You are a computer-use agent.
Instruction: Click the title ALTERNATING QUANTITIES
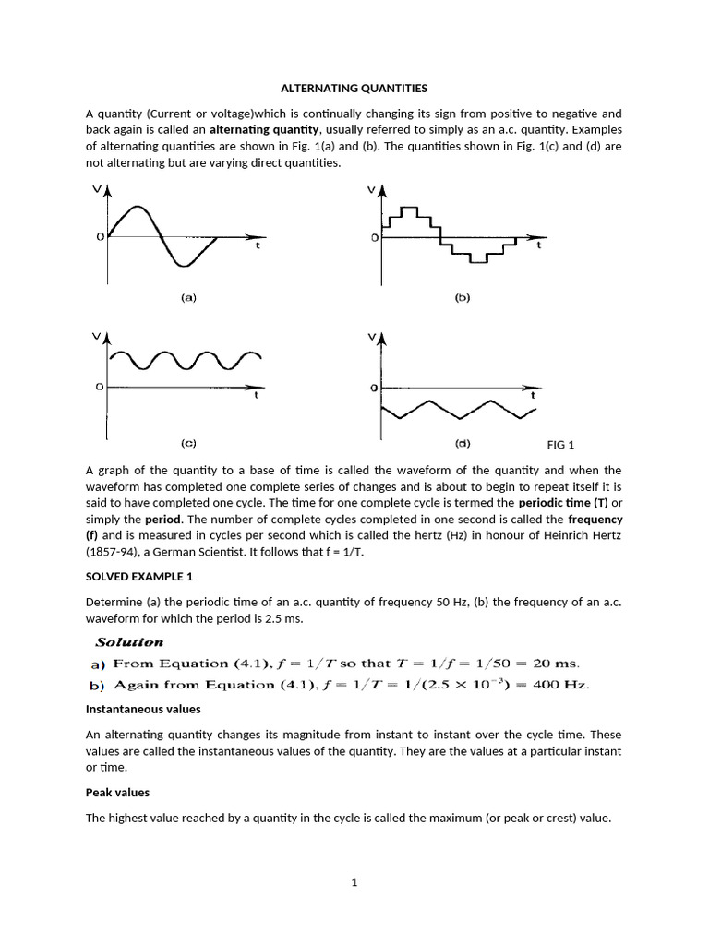pos(354,89)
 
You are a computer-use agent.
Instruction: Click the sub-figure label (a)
pos(187,298)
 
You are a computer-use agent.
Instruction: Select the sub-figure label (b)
pos(463,298)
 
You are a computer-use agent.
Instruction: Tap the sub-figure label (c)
pos(187,444)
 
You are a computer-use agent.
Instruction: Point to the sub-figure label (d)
pos(463,444)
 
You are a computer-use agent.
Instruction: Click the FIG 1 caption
pos(560,445)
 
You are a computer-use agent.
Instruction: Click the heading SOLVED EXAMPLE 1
pos(139,577)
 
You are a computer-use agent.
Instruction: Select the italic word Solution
pos(129,641)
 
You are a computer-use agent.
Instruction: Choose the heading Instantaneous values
pos(143,709)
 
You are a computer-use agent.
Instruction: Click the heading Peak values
pos(117,792)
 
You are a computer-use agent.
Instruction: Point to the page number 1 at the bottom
pos(354,882)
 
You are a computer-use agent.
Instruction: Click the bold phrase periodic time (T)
pos(563,503)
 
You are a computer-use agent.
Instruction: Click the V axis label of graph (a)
pos(99,190)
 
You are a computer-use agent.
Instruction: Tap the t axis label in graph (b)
pos(539,247)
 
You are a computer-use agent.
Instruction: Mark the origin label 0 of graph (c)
pos(99,387)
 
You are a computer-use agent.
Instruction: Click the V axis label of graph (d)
pos(372,338)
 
